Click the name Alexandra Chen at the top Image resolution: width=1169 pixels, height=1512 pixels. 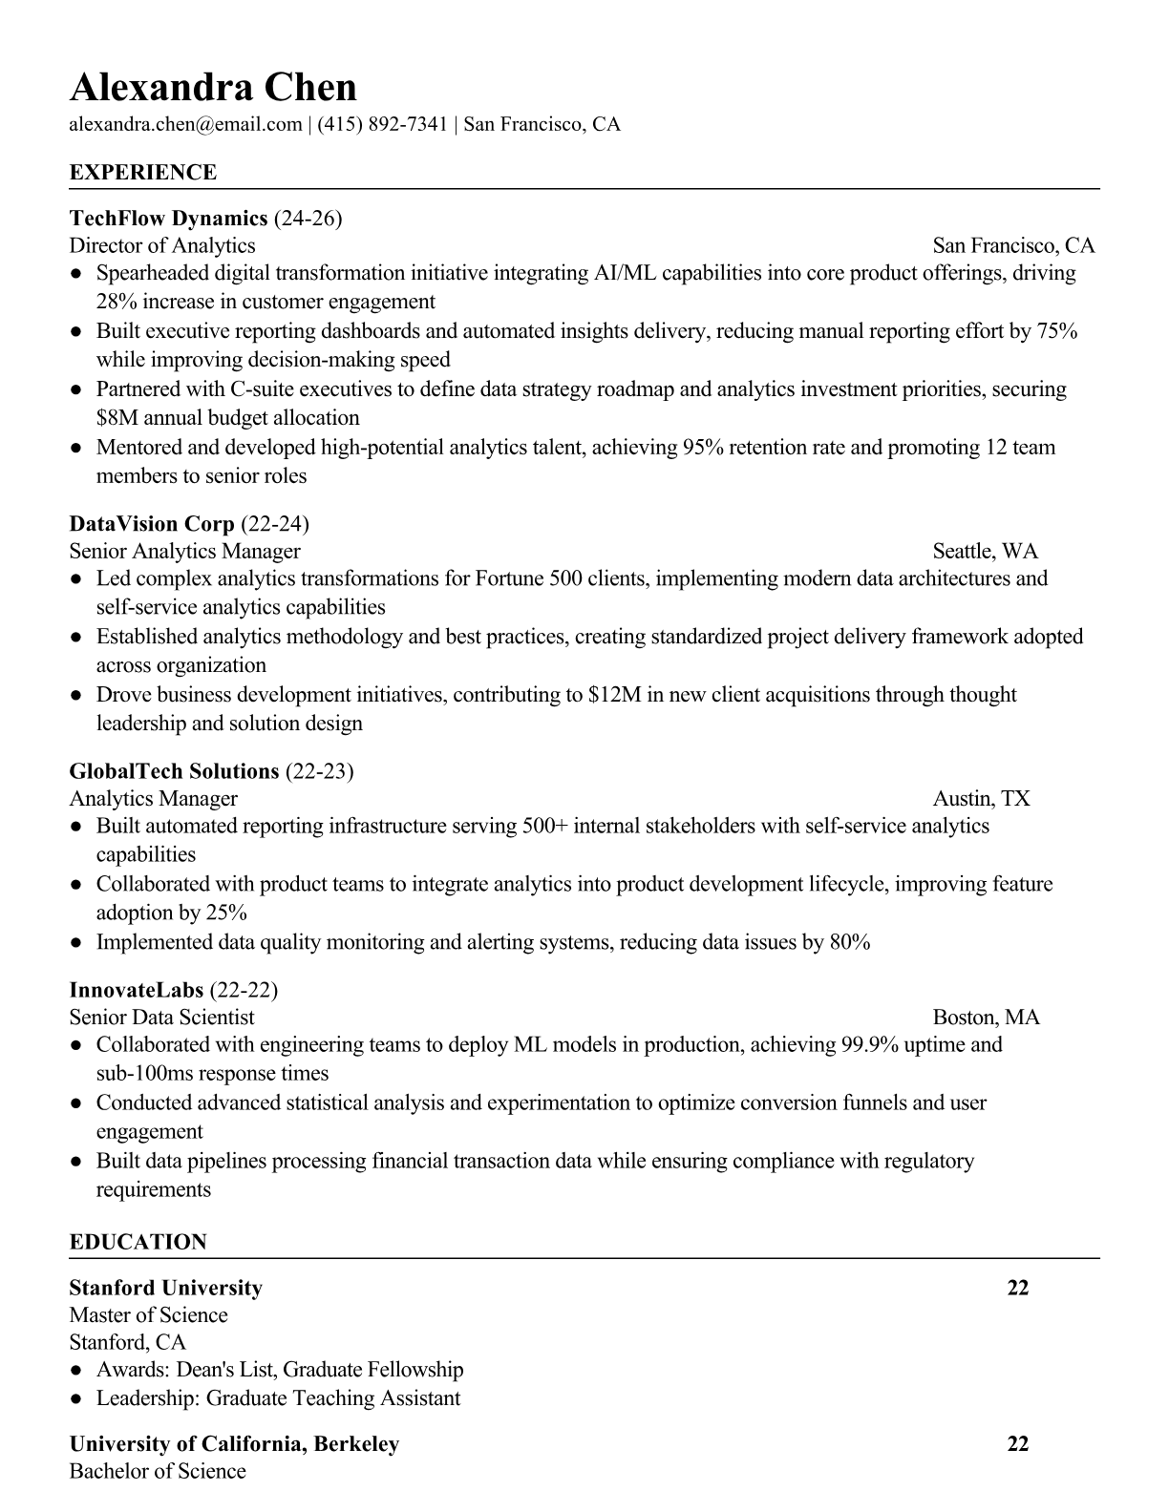[213, 87]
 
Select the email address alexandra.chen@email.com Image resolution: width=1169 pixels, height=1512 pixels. [185, 124]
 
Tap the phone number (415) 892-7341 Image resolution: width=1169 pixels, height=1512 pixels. [382, 124]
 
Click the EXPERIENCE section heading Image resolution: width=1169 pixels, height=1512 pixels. [143, 173]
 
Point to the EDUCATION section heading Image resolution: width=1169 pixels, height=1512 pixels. [138, 1242]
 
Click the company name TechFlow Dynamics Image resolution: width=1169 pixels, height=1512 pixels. [168, 219]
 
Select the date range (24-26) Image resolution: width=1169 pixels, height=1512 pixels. [308, 219]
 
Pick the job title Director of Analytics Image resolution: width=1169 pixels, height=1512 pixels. [162, 245]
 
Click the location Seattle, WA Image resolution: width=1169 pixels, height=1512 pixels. [985, 551]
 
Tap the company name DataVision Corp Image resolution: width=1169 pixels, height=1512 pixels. [152, 524]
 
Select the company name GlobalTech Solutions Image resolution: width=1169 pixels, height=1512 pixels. [174, 771]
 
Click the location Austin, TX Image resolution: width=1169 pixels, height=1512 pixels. [981, 798]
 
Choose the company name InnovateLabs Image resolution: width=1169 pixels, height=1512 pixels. [136, 990]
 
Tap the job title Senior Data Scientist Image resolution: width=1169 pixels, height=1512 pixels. [161, 1017]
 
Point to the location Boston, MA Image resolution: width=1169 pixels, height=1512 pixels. [986, 1017]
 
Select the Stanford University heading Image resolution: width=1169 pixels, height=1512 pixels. [165, 1288]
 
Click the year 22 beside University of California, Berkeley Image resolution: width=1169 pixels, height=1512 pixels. [1018, 1443]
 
